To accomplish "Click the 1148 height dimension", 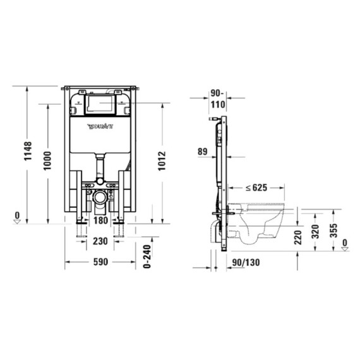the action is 28,151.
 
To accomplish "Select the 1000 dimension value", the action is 47,160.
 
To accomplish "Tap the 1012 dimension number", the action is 162,160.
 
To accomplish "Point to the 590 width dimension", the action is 100,261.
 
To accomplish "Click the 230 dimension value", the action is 100,241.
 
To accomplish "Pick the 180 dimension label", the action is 100,220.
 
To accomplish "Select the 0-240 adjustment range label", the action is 147,256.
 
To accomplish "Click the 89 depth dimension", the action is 202,152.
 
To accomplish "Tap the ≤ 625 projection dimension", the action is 256,188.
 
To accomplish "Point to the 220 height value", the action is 297,237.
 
